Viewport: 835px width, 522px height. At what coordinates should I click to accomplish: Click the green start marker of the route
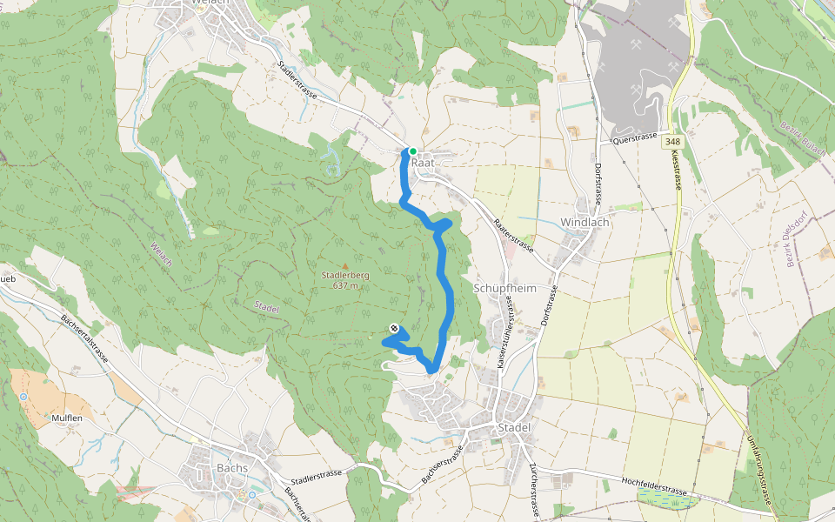(412, 151)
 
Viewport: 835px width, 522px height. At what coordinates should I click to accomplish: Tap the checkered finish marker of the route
(395, 328)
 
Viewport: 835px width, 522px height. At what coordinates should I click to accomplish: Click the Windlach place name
(584, 222)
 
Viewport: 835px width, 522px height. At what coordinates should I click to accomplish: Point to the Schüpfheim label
(503, 288)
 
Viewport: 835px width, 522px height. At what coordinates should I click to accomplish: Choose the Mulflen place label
(66, 418)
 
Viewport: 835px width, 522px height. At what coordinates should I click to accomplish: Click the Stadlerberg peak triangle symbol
(345, 265)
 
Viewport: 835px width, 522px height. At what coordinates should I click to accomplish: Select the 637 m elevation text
(345, 285)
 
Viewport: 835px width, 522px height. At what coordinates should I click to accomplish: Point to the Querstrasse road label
(633, 138)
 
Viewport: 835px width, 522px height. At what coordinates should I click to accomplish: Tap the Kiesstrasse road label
(677, 170)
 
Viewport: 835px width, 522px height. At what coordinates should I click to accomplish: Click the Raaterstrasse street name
(513, 234)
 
